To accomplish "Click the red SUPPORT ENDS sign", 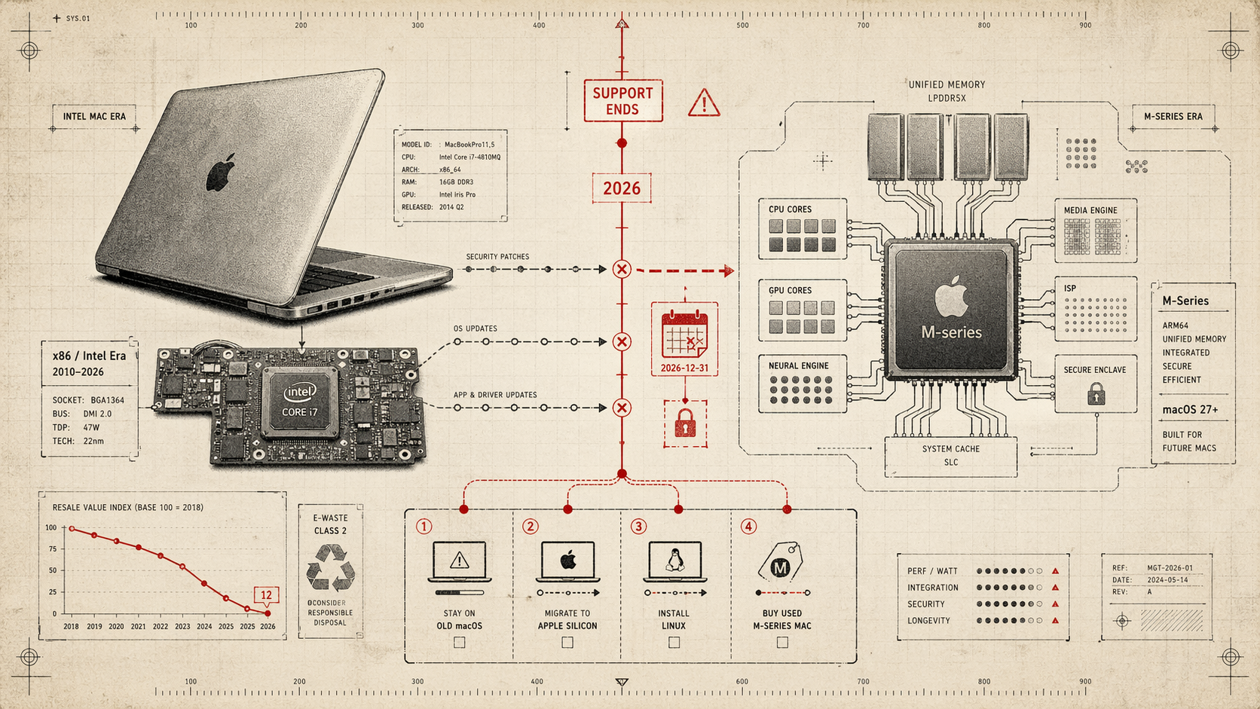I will pyautogui.click(x=622, y=101).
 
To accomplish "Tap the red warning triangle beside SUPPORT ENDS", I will pyautogui.click(x=704, y=103).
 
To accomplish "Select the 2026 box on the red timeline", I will pyautogui.click(x=622, y=188).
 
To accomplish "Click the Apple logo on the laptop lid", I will pyautogui.click(x=221, y=172).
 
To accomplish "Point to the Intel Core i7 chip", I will pyautogui.click(x=300, y=401).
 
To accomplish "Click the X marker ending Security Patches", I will pyautogui.click(x=622, y=269).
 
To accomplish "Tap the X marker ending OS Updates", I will pyautogui.click(x=622, y=342).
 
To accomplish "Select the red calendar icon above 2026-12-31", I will pyautogui.click(x=684, y=334).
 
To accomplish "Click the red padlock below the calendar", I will pyautogui.click(x=685, y=423).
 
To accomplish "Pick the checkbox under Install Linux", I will pyautogui.click(x=674, y=643).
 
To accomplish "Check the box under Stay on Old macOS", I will pyautogui.click(x=460, y=643).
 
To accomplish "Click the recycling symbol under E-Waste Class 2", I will pyautogui.click(x=330, y=568).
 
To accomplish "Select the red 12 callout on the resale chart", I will pyautogui.click(x=266, y=595).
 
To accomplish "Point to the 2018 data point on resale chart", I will pyautogui.click(x=72, y=529).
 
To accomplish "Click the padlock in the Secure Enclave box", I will pyautogui.click(x=1096, y=394).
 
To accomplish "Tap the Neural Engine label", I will pyautogui.click(x=798, y=366).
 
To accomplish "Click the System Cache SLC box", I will pyautogui.click(x=950, y=456).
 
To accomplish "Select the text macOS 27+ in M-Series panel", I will pyautogui.click(x=1190, y=410).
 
